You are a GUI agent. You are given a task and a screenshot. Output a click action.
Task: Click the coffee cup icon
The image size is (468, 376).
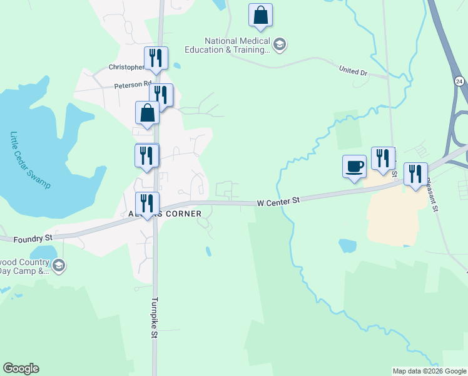click(354, 167)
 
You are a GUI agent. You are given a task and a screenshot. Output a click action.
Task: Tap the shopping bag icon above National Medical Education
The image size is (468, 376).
click(260, 16)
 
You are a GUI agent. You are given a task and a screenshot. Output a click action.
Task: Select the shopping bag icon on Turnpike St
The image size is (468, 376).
click(147, 113)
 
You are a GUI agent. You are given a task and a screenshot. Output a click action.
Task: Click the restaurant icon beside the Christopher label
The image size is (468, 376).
click(156, 58)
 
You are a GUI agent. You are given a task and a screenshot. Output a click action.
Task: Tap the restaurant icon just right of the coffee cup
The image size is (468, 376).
click(383, 159)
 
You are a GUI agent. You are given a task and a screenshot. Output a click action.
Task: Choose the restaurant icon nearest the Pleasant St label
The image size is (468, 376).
click(415, 174)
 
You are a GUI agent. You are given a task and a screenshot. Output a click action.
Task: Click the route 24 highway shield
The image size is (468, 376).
click(459, 81)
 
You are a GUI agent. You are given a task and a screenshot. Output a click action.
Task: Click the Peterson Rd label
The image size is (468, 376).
click(133, 83)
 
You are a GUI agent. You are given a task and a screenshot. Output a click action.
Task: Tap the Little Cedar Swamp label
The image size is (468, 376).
click(29, 160)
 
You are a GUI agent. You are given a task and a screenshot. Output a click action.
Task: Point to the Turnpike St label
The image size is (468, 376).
click(154, 318)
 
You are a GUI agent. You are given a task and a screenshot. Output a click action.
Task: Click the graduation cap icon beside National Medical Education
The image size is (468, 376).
click(280, 43)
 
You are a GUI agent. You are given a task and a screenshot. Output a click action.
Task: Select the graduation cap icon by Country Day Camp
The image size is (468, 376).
click(59, 266)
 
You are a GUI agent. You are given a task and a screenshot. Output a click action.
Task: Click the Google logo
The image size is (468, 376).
click(21, 368)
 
